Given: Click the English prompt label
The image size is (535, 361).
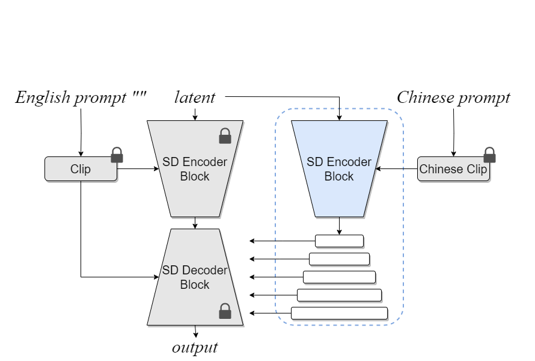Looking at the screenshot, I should coord(81,97).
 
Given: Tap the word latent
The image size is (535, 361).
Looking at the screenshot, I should coord(195,97).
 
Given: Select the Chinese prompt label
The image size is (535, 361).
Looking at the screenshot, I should coord(453,97).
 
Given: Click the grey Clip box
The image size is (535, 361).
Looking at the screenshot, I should coord(81,169).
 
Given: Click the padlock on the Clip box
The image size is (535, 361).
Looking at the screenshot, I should coord(117,155).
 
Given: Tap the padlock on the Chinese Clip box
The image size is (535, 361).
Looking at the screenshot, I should coord(490,155).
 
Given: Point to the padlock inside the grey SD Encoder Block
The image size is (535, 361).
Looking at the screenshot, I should coord(225,136).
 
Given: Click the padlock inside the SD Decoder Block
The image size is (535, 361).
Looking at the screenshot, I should coord(225,311).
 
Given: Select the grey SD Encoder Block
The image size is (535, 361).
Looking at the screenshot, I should coord(195,169).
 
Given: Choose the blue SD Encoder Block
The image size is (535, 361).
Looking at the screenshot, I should coord(339,169).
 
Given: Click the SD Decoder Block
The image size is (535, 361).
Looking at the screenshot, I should coord(195,277).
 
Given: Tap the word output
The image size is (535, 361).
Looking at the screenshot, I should coord(195,348).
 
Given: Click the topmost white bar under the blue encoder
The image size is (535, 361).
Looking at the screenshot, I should coord(339,241).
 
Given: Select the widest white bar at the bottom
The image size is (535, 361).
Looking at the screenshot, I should coord(339,313).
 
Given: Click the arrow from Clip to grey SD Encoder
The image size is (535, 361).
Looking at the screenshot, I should coord(138,169).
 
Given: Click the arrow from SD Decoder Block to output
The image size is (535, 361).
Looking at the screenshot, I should coord(195,332).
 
